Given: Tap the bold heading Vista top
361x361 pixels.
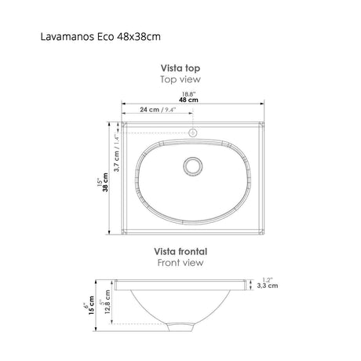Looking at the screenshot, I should [180, 69].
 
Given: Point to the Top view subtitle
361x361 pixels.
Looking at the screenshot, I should [180, 80].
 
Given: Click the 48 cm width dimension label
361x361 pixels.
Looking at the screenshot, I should [188, 101].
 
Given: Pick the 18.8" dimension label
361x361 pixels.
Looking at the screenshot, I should [188, 94].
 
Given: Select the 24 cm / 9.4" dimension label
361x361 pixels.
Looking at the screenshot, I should [159, 111].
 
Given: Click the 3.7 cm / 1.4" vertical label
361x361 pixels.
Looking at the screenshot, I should [115, 153].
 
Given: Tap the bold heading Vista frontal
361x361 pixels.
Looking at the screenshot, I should [180, 252].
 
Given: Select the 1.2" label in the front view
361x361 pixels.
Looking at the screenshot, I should [268, 280].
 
